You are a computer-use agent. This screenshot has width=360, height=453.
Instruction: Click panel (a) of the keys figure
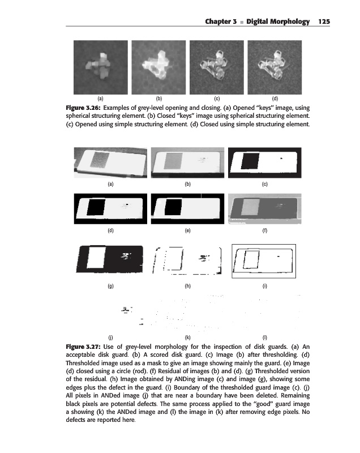pyautogui.click(x=101, y=69)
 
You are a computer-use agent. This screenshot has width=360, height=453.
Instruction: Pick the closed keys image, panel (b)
pyautogui.click(x=158, y=69)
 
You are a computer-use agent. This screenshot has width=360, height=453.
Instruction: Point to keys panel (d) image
pyautogui.click(x=274, y=69)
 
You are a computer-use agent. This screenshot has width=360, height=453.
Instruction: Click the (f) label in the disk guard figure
pyautogui.click(x=265, y=231)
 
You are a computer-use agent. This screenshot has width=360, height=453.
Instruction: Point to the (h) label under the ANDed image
pyautogui.click(x=187, y=287)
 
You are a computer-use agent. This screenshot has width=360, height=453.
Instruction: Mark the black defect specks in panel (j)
pyautogui.click(x=126, y=309)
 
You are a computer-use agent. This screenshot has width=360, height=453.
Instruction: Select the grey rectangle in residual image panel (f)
pyautogui.click(x=249, y=208)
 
